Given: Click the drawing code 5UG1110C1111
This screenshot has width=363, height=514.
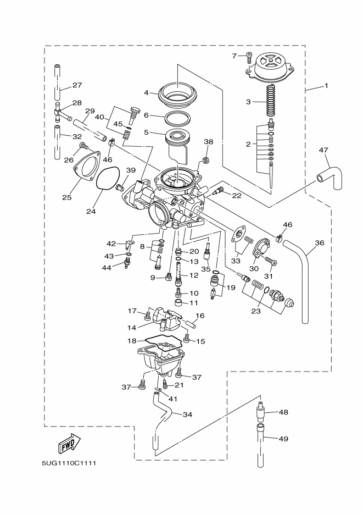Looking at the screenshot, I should coord(69,462).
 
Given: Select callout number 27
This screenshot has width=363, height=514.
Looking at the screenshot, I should coord(76,85).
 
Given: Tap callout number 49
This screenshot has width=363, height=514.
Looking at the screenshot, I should coord(283,439).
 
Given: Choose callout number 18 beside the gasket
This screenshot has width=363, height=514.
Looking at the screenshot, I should coord(132,341).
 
